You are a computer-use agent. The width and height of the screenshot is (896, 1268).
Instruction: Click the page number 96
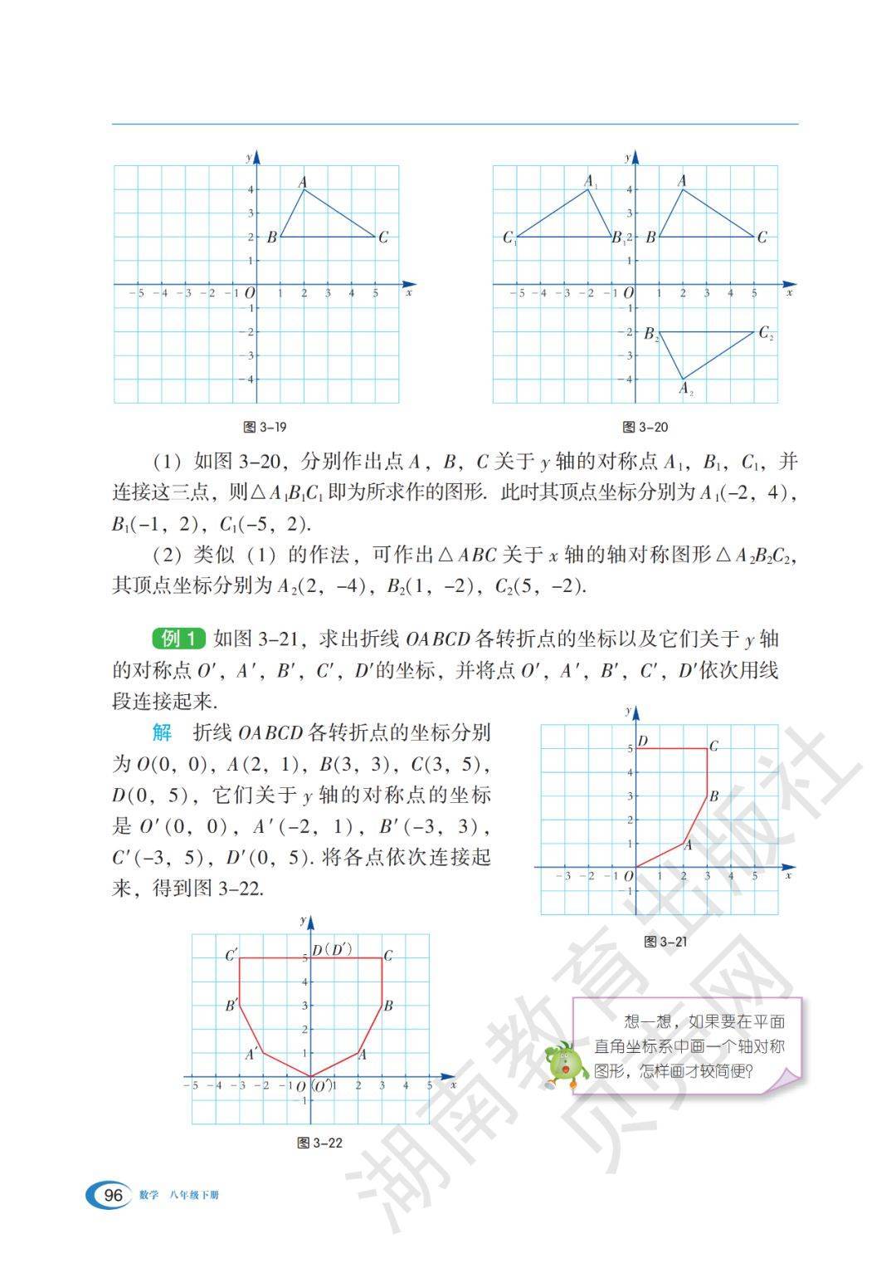(x=113, y=1195)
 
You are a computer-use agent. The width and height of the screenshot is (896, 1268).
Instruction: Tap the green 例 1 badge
(x=178, y=639)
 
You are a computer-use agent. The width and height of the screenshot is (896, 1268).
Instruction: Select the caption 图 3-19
(x=265, y=427)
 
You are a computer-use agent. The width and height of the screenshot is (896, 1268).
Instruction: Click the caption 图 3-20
(x=645, y=427)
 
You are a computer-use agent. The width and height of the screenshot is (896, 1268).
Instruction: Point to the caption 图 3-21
(x=665, y=942)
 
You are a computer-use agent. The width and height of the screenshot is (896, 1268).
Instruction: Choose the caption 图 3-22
(x=319, y=1143)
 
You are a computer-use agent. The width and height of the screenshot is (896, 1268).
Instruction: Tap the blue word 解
(x=162, y=732)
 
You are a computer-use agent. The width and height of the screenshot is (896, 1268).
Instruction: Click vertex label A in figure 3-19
(x=303, y=182)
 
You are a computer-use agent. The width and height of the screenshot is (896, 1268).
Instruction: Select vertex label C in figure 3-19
(x=382, y=237)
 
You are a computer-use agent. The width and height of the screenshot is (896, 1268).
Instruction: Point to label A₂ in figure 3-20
(x=686, y=389)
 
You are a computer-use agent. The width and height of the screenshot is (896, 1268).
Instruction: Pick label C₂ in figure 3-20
(x=766, y=334)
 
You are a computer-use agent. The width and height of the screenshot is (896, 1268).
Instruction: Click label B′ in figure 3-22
(x=231, y=1006)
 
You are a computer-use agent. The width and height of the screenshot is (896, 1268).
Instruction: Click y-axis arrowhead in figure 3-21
(x=635, y=712)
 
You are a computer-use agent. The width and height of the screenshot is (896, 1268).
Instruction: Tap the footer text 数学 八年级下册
(x=180, y=1196)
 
